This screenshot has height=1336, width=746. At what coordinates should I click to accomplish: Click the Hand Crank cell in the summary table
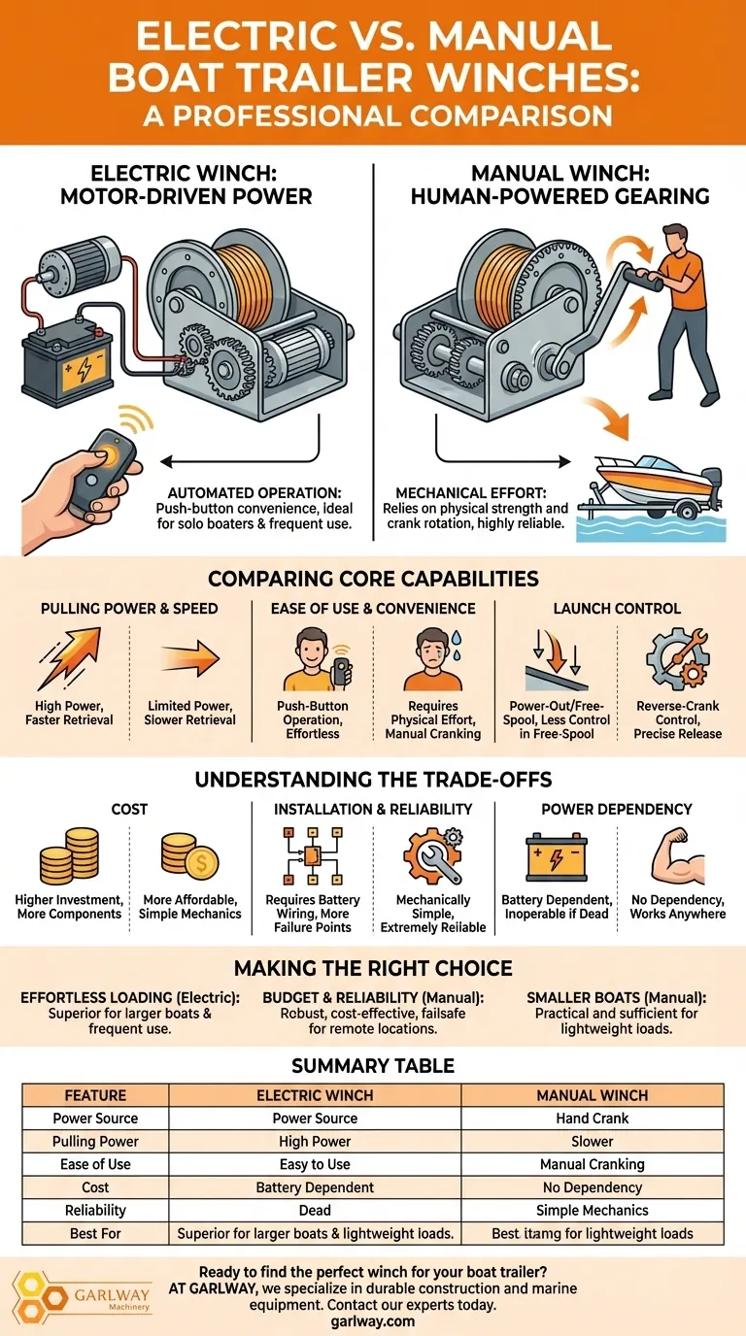[x=592, y=1119]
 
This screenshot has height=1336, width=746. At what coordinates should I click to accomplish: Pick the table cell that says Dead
[x=315, y=1210]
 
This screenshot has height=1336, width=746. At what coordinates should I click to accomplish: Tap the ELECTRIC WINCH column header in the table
[x=315, y=1095]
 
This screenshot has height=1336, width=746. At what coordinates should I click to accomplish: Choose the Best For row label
[x=95, y=1233]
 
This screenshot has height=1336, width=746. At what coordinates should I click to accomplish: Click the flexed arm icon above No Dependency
[x=678, y=855]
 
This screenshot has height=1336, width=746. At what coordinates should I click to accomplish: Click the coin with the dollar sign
[x=202, y=862]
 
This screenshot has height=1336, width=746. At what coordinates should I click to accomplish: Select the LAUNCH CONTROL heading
[x=617, y=609]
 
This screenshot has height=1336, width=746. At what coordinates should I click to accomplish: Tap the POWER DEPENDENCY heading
[x=617, y=809]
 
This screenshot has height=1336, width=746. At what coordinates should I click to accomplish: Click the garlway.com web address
[x=373, y=1321]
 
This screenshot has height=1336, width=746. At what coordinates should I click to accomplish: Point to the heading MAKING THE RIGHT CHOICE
[x=373, y=968]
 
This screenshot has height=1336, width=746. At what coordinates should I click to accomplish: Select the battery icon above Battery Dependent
[x=557, y=857]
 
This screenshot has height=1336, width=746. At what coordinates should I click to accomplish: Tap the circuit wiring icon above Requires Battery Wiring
[x=312, y=855]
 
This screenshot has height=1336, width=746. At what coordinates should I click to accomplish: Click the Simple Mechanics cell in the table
[x=592, y=1210]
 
